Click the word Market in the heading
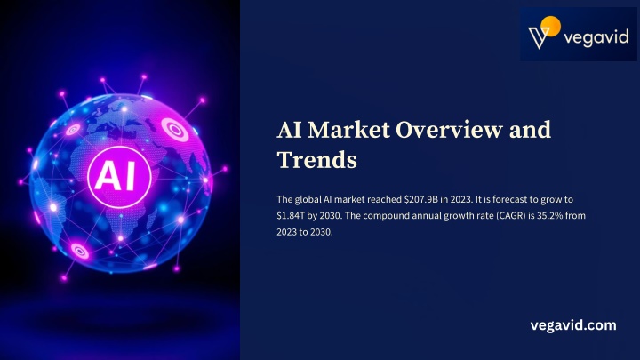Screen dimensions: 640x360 pyautogui.click(x=349, y=130)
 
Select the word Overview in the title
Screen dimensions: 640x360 pyautogui.click(x=450, y=130)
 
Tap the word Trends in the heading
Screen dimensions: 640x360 pyautogui.click(x=317, y=160)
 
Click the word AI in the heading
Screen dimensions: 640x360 pyautogui.click(x=290, y=130)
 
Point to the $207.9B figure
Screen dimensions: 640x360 pyautogui.click(x=420, y=200)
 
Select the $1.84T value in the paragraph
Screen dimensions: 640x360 pyautogui.click(x=291, y=215)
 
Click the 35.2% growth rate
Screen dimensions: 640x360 pyautogui.click(x=550, y=215)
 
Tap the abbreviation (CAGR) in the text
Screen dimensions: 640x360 pyautogui.click(x=511, y=215)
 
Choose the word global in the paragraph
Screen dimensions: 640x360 pyautogui.click(x=308, y=200)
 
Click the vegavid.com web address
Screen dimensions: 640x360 pyautogui.click(x=573, y=325)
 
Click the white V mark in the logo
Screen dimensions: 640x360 pyautogui.click(x=539, y=37)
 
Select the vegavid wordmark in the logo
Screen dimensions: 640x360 pyautogui.click(x=596, y=37)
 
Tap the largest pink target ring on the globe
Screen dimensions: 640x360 pyautogui.click(x=175, y=130)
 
